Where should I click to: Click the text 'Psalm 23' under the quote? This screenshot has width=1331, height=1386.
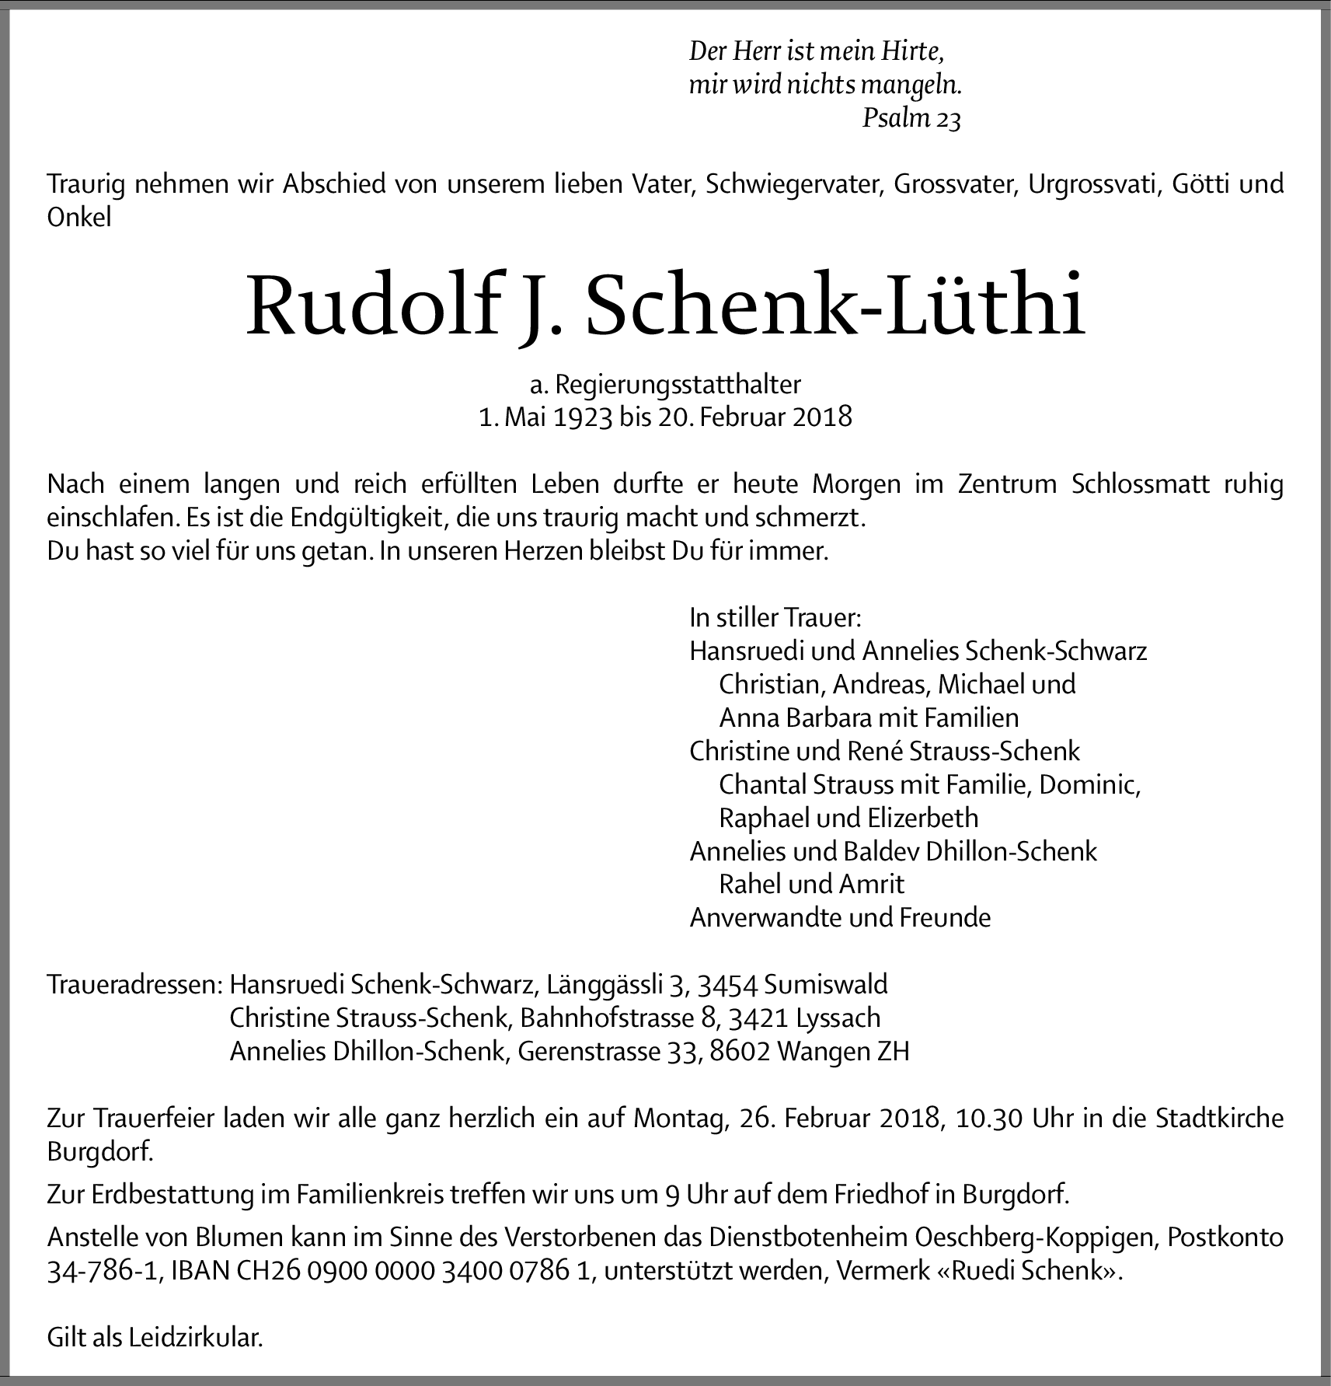pyautogui.click(x=911, y=119)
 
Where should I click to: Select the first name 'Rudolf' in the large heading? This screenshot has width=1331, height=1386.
pyautogui.click(x=371, y=305)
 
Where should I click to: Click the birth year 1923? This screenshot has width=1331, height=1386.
pyautogui.click(x=583, y=417)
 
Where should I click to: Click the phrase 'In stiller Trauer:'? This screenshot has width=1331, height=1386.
pyautogui.click(x=775, y=617)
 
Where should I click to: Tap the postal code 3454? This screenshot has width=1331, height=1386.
pyautogui.click(x=727, y=985)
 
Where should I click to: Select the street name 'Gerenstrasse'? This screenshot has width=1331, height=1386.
pyautogui.click(x=578, y=1052)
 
